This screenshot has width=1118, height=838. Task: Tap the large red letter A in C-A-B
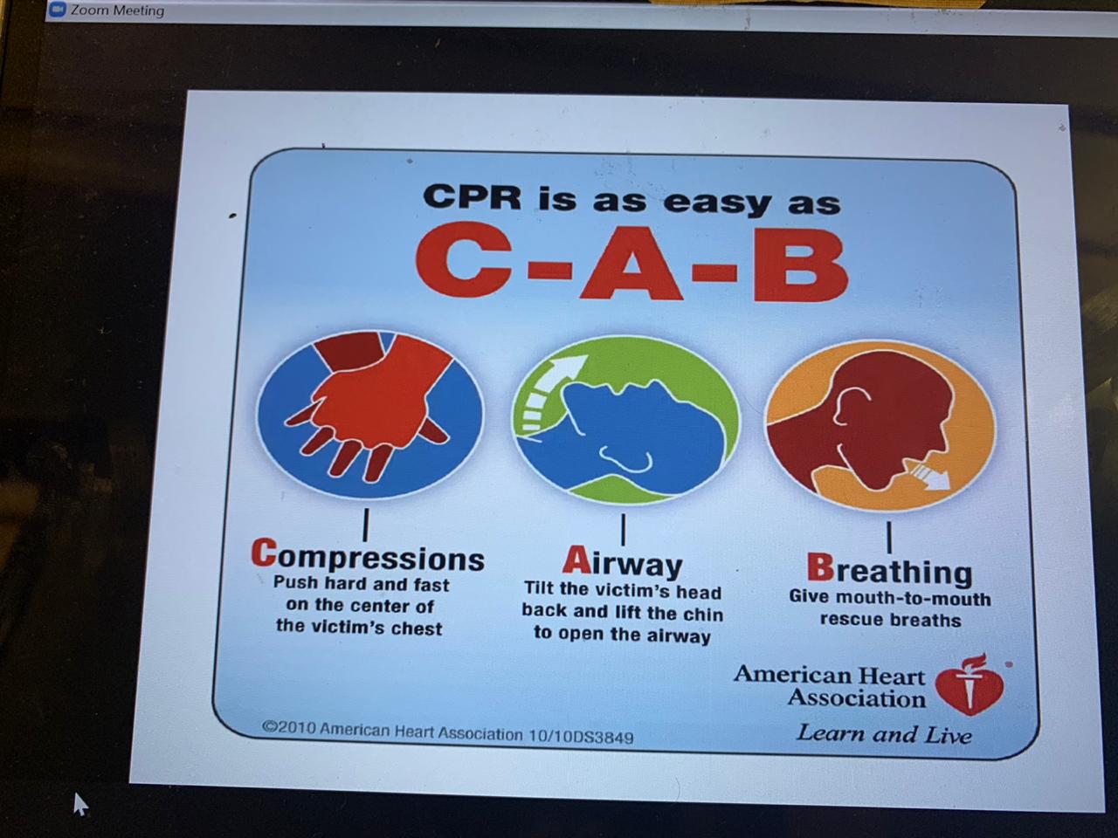(x=631, y=264)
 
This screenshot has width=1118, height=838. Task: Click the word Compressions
(x=367, y=556)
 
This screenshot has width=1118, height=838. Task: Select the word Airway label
(x=623, y=563)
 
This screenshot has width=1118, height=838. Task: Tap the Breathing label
(x=889, y=571)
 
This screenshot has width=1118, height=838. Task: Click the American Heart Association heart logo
(x=970, y=685)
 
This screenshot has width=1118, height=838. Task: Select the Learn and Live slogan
(x=884, y=734)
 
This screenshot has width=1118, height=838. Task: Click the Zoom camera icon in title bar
(x=58, y=10)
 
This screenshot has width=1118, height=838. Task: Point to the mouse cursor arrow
(x=80, y=804)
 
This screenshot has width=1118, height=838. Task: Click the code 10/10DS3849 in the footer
(x=581, y=736)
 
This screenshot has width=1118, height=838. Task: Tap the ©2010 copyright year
(x=289, y=726)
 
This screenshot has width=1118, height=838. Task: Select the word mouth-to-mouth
(x=914, y=599)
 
